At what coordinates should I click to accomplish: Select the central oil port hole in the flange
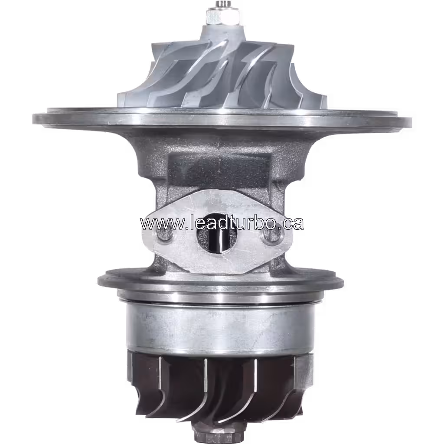click(217, 236)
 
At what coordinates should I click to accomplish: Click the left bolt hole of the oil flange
click(164, 236)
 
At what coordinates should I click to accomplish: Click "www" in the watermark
click(155, 223)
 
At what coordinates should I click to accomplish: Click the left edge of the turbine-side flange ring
click(100, 281)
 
